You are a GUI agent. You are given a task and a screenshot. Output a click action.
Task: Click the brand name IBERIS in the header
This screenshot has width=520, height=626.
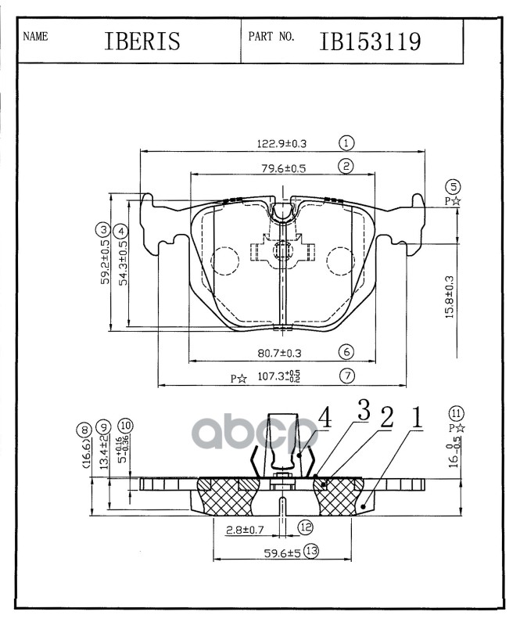(142, 41)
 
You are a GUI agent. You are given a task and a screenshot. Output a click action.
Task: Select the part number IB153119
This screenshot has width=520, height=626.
(370, 41)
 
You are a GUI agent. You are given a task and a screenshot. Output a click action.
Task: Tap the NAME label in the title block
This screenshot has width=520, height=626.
(35, 37)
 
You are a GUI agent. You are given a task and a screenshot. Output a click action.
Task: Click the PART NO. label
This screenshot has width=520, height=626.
(271, 36)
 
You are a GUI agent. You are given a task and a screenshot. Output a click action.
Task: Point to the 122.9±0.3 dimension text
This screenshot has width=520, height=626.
(282, 144)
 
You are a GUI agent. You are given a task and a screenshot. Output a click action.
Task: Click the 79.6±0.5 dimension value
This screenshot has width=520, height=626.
(283, 168)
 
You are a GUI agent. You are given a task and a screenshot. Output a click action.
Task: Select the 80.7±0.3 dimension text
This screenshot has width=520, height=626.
(279, 353)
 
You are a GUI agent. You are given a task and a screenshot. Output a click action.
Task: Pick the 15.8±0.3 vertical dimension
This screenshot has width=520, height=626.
(450, 297)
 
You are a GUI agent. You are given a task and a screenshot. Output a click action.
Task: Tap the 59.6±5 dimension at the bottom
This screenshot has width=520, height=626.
(282, 553)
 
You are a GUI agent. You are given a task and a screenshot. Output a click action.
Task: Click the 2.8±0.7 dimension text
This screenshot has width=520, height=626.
(245, 530)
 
